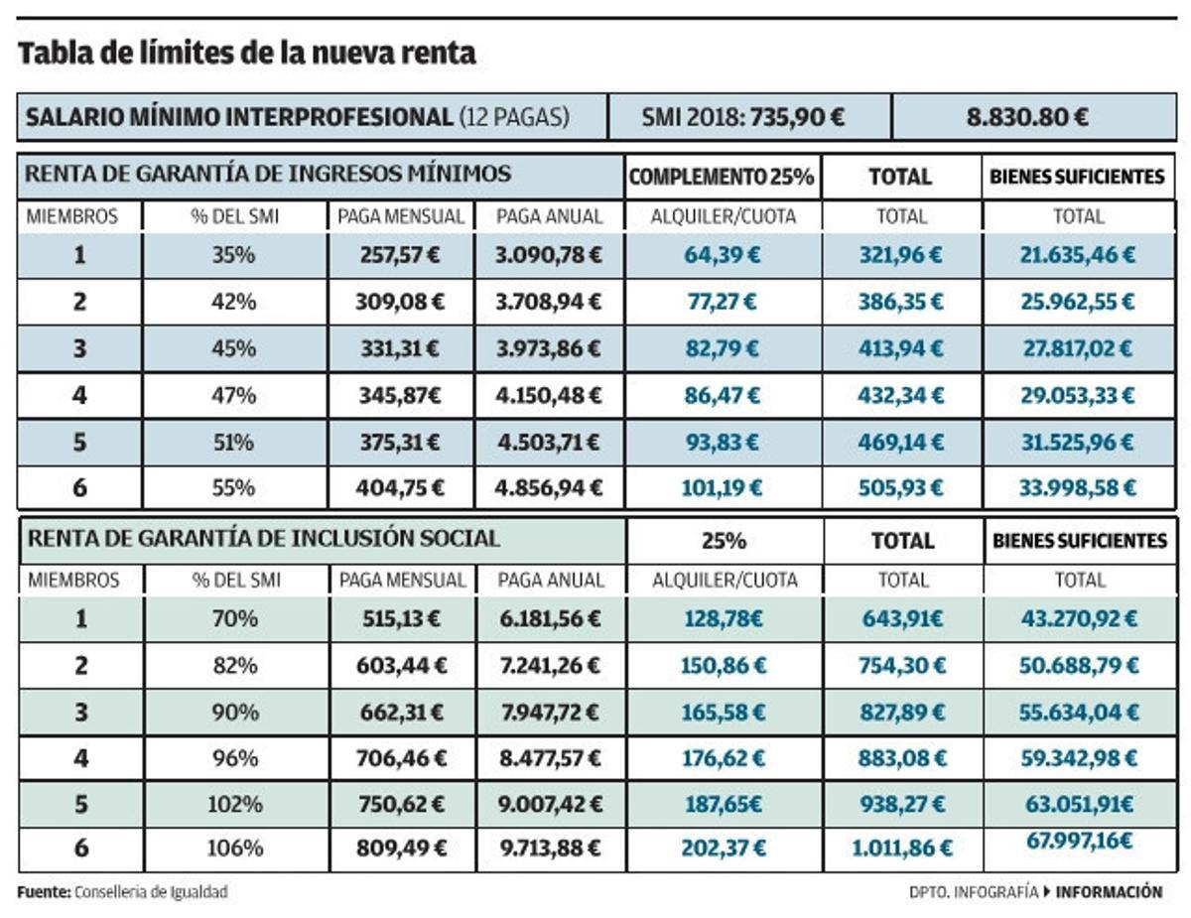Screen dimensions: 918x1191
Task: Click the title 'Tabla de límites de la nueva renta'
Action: pos(247,54)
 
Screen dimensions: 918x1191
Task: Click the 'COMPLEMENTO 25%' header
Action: pos(723,177)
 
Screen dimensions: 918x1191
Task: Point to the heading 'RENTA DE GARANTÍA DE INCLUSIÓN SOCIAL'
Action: pos(263,539)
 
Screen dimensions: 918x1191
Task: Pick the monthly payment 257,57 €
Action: pos(401,255)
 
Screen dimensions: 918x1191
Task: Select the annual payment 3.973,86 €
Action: pos(549,348)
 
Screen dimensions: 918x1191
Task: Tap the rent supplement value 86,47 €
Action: pos(723,395)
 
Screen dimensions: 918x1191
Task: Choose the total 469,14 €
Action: pos(900,442)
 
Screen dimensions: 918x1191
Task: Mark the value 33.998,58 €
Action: pos(1077,488)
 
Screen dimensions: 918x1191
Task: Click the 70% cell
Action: pos(234,618)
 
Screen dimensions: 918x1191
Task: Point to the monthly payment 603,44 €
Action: pos(401,665)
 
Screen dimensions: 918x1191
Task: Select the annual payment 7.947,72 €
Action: pos(550,712)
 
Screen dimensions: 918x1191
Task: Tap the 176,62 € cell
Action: pos(723,758)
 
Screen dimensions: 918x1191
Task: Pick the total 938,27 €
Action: pos(901,805)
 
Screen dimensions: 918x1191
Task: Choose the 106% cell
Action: pos(234,849)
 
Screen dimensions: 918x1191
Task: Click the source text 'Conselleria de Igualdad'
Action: pos(151,892)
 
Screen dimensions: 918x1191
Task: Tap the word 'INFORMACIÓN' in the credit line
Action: pos(1109,892)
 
